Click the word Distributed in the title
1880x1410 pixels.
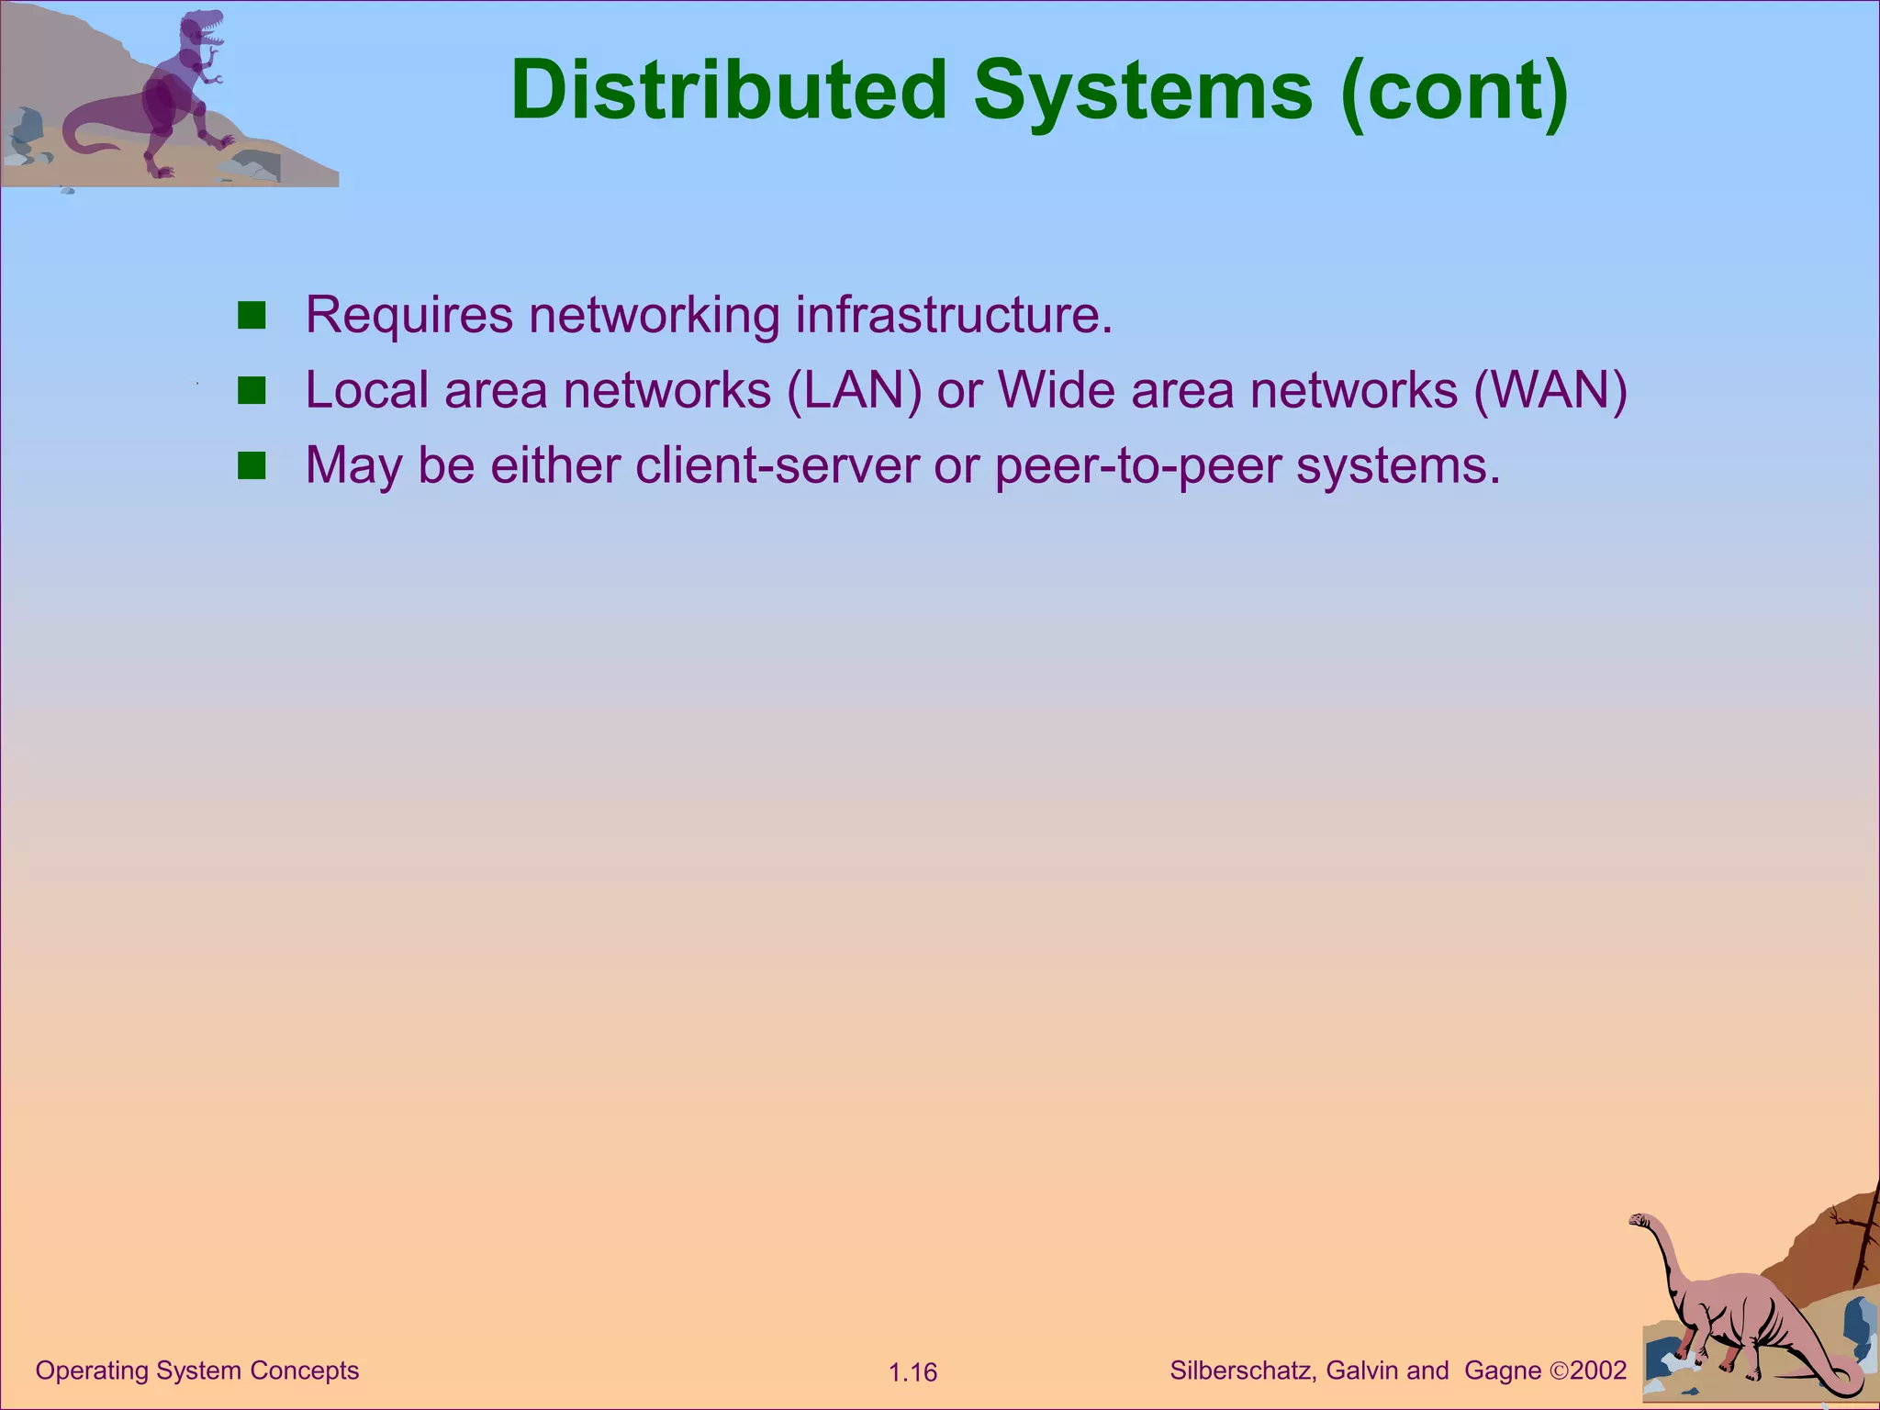(x=728, y=90)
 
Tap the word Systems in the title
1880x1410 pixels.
(x=1143, y=90)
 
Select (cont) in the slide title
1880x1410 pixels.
(x=1454, y=90)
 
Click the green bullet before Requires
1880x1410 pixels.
(x=251, y=316)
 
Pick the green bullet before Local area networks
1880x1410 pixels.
(x=251, y=391)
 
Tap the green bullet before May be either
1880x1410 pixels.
(x=251, y=466)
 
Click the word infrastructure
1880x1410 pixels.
(x=954, y=315)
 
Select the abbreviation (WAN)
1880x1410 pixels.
(x=1550, y=391)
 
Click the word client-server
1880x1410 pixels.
(x=777, y=465)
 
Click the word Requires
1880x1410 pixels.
(x=408, y=317)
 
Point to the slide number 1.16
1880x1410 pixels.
(x=912, y=1372)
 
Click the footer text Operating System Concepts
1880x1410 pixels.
(x=196, y=1371)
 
